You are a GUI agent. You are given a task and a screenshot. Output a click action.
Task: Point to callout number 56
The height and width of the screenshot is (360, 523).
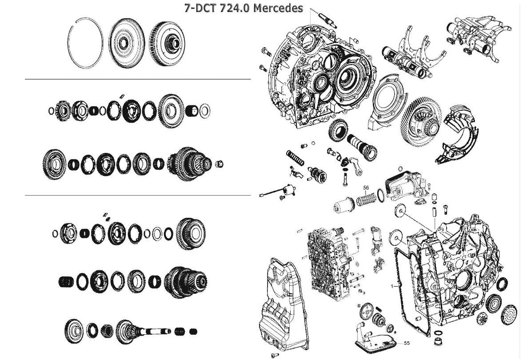pos(366,188)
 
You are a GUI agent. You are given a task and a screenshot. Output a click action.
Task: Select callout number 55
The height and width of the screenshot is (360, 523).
pos(407,343)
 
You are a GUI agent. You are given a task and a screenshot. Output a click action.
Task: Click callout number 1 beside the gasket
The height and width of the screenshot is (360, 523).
pos(392,286)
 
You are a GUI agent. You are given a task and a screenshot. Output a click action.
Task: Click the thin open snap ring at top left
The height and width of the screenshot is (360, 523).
pos(85,43)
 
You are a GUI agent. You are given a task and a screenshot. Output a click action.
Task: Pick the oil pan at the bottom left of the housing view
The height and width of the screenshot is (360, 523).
pos(281,307)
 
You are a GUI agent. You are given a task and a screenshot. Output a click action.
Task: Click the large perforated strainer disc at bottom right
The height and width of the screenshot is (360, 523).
pos(509,314)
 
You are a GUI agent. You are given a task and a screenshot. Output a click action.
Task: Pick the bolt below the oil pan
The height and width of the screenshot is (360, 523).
pos(275,355)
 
